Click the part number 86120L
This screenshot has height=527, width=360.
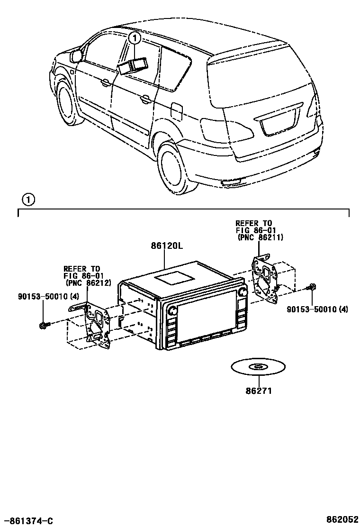167,246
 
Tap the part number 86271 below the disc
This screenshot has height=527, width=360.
259,391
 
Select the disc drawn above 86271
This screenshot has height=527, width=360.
259,367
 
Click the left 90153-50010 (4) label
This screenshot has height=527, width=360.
42,297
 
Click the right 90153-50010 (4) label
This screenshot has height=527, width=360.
317,309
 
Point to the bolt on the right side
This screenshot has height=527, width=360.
312,287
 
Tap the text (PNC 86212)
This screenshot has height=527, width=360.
89,284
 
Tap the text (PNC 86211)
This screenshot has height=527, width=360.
260,238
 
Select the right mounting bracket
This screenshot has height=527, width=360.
266,279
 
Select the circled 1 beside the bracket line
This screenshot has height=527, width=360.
28,200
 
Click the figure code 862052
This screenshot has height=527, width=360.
341,519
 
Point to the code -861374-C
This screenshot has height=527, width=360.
27,520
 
